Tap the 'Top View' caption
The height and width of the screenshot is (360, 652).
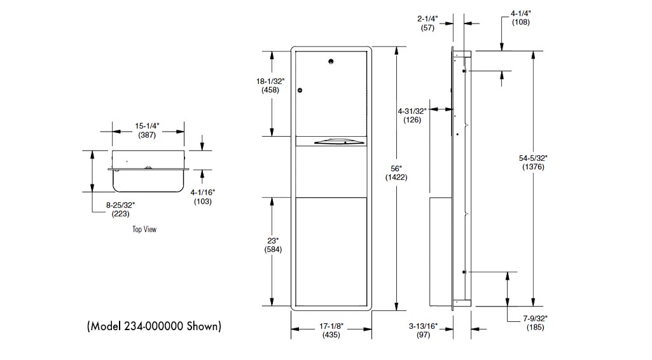tap(144, 229)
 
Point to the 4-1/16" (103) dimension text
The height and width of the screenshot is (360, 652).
tap(202, 197)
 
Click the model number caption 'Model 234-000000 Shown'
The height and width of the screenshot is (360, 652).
tap(154, 326)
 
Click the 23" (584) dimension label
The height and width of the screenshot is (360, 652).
tap(272, 245)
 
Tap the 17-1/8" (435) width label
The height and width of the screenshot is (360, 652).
tap(331, 330)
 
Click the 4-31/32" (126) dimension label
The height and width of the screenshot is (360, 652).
tap(412, 115)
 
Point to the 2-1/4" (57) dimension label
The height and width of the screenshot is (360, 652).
tap(427, 24)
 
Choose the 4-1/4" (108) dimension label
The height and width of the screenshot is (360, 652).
tap(521, 18)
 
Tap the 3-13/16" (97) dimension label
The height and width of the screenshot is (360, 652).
tap(424, 330)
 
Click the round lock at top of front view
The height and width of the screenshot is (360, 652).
tap(331, 62)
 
